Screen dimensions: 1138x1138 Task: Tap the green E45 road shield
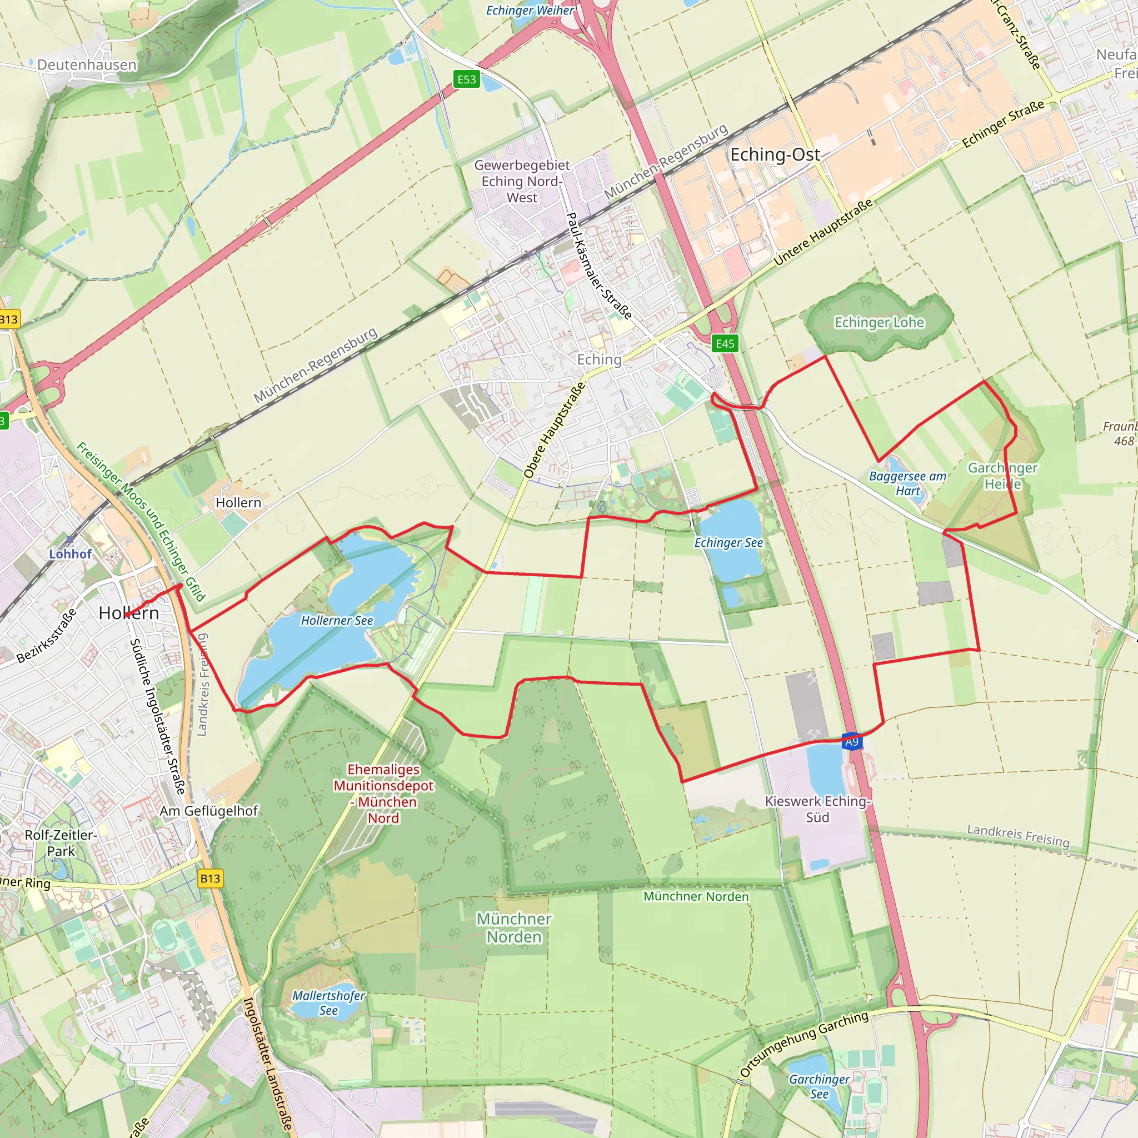[725, 343]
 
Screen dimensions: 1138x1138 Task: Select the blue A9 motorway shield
[852, 742]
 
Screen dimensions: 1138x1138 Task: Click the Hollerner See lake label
[337, 620]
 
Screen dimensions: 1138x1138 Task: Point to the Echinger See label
[728, 542]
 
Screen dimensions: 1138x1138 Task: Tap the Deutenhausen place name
[87, 65]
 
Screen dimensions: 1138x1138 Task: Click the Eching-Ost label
[775, 154]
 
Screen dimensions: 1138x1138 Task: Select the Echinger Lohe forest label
[880, 322]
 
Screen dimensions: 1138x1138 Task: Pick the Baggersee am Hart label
[908, 483]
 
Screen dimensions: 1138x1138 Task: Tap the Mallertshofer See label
[329, 1003]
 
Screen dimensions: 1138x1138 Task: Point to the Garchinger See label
[820, 1086]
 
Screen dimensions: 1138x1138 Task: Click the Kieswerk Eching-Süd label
[817, 808]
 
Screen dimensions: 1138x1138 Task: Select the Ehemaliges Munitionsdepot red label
[383, 793]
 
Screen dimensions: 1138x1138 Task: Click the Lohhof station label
[71, 553]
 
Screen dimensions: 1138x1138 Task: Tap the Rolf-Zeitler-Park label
[61, 843]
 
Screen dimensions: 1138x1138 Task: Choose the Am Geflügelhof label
[209, 811]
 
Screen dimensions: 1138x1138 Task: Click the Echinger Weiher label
[530, 11]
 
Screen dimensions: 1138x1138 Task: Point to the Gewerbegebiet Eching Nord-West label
[522, 181]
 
